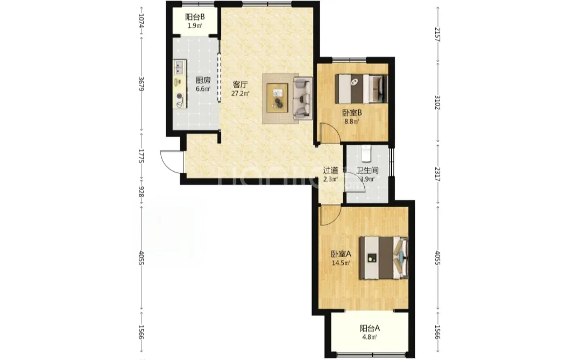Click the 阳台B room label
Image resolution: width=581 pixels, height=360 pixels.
tap(195, 17)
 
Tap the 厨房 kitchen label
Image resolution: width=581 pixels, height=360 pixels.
tap(203, 80)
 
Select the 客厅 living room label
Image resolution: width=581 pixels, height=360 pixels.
tap(240, 84)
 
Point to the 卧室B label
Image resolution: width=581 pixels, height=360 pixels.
tap(352, 112)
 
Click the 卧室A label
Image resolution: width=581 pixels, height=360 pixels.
tap(341, 255)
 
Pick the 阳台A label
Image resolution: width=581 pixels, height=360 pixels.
tap(370, 328)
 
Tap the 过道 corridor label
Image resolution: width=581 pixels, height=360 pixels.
tap(330, 171)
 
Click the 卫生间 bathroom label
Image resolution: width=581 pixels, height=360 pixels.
tap(367, 171)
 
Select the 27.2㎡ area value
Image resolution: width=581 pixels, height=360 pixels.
tap(240, 94)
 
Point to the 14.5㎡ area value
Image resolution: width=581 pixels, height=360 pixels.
tap(341, 263)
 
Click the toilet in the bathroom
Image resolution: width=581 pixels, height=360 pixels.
tap(366, 154)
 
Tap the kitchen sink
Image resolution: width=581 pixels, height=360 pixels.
tap(180, 68)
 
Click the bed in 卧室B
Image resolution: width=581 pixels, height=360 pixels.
tap(362, 89)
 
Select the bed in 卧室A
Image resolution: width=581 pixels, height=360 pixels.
tap(384, 258)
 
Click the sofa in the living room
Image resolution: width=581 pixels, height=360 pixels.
tap(303, 98)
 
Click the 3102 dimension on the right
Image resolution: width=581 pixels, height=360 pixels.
tap(437, 102)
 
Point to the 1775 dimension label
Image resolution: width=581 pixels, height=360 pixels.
tap(141, 156)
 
